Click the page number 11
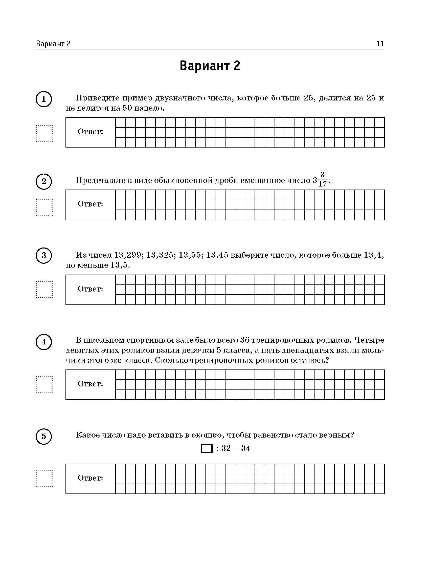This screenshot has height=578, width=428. click(x=380, y=44)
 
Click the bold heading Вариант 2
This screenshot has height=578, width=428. click(x=210, y=66)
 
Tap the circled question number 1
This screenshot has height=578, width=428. click(x=44, y=99)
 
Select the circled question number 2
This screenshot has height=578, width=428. click(x=44, y=181)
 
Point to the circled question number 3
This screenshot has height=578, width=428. click(x=44, y=255)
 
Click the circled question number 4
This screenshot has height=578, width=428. click(x=44, y=342)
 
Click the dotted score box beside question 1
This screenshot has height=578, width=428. click(x=44, y=133)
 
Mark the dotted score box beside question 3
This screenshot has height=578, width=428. click(x=44, y=290)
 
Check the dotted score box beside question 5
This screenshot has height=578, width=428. click(x=44, y=479)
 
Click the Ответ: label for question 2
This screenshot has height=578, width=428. click(x=91, y=204)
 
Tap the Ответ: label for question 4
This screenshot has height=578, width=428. click(x=91, y=384)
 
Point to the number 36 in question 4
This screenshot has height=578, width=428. click(x=244, y=340)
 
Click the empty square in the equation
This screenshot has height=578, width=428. click(x=207, y=448)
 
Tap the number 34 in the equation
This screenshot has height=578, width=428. click(x=245, y=448)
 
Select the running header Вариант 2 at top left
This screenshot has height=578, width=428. click(x=53, y=44)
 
